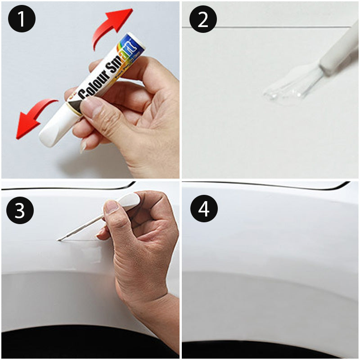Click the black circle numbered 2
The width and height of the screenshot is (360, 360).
[203, 19]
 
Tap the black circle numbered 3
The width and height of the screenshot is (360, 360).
[19, 210]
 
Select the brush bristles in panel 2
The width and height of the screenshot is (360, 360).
[306, 81]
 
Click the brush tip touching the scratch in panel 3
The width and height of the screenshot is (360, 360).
[60, 239]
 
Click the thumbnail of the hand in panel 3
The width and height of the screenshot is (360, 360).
[111, 207]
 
